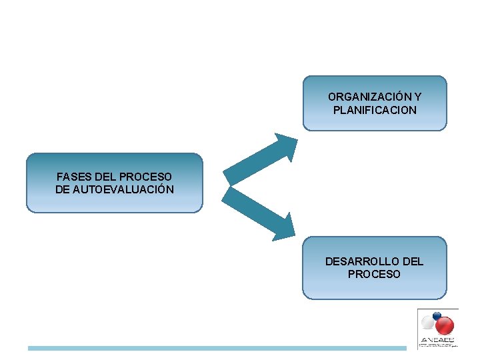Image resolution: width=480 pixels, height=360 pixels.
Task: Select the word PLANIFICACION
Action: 375,110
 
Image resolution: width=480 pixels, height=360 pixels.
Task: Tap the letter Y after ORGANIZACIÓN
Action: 417,97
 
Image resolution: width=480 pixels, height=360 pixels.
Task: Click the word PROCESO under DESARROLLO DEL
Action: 374,274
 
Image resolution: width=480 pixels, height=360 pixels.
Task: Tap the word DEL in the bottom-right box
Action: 412,261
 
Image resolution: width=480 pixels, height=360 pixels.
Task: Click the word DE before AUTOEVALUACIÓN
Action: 62,189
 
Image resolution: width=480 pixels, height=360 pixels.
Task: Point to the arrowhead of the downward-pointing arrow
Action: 285,227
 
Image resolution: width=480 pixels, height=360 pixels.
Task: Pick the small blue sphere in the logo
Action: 436,315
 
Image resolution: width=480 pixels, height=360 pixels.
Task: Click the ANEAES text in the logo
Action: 437,339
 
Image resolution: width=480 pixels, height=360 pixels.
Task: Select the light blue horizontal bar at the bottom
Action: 217,348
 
